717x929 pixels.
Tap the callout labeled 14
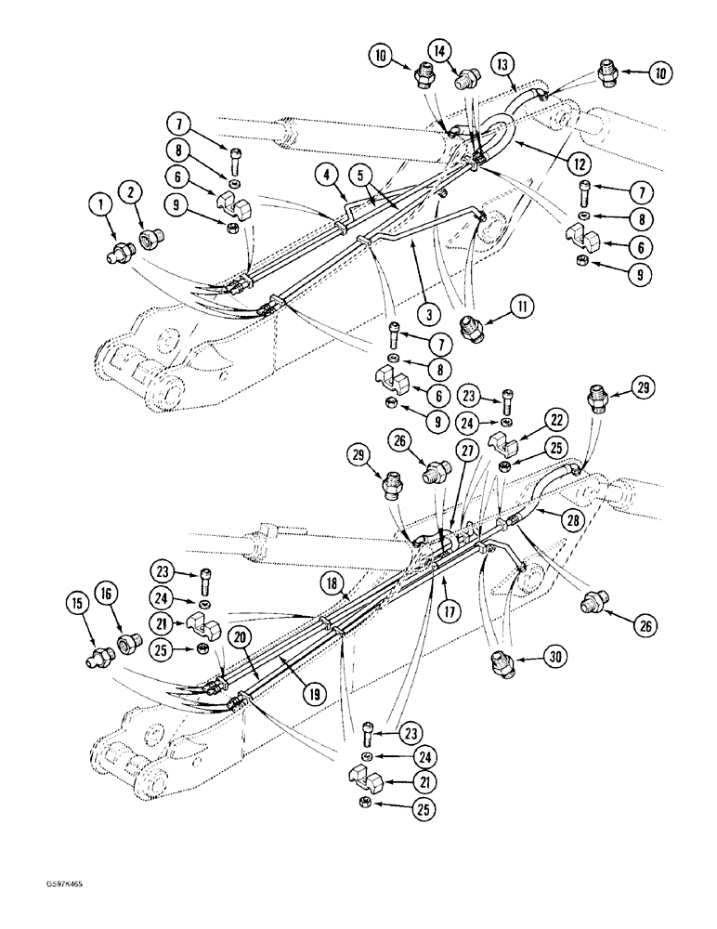click(440, 50)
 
